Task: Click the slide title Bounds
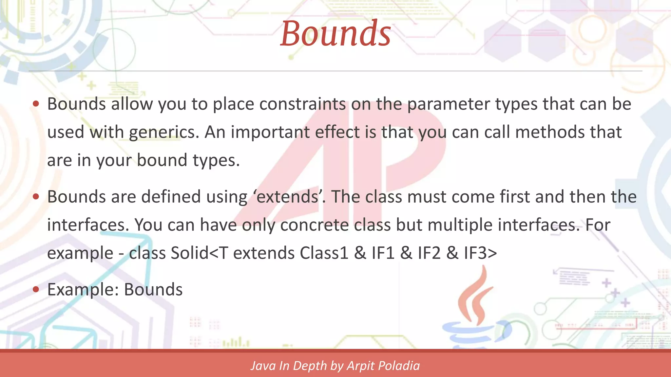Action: tap(335, 33)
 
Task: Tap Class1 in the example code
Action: tap(324, 253)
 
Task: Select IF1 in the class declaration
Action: tap(383, 253)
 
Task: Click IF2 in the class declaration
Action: tap(429, 253)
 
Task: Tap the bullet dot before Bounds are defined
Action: tap(36, 197)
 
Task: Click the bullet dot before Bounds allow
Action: tap(36, 104)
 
